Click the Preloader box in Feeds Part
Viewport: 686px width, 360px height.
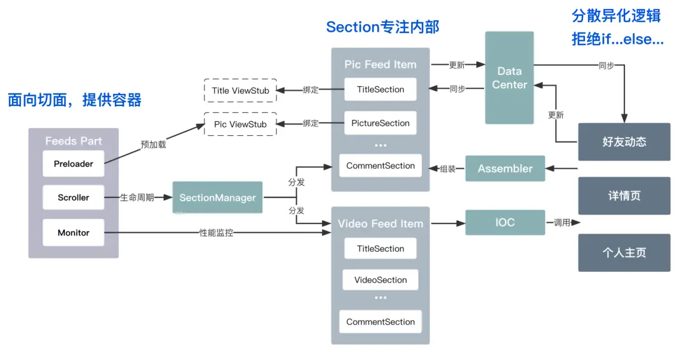(73, 164)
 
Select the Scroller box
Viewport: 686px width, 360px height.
(73, 197)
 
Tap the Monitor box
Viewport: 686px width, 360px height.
(73, 232)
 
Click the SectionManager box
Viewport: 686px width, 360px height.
(217, 197)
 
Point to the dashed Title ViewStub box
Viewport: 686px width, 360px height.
(240, 90)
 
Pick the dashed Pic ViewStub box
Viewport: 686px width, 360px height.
(240, 124)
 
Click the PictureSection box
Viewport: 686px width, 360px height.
(380, 123)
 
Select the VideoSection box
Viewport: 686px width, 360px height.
(380, 280)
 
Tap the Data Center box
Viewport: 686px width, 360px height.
(509, 78)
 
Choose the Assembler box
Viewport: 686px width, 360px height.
(505, 168)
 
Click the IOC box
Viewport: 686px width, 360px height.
(505, 222)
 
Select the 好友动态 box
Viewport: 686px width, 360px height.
(624, 142)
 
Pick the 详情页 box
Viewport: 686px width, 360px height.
(624, 196)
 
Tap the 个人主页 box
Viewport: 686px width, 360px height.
(624, 253)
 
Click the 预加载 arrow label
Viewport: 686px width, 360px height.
(153, 144)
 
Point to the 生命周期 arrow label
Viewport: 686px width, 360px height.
(137, 197)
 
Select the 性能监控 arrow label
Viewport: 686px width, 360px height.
(217, 233)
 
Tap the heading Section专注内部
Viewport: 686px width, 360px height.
(382, 27)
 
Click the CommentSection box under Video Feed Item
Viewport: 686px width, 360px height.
(380, 322)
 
